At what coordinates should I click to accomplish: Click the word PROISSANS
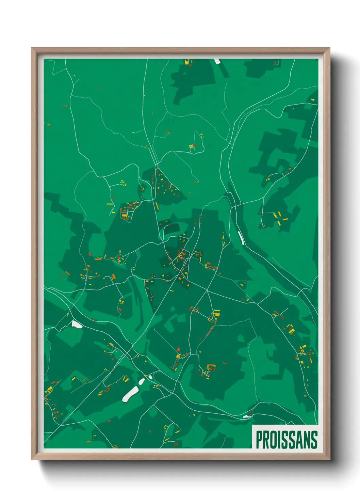[287, 440]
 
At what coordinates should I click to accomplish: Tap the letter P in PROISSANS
[259, 440]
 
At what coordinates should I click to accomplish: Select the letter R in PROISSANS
[266, 440]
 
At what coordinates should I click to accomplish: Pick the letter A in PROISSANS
[300, 440]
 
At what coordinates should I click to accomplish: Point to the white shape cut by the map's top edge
[217, 61]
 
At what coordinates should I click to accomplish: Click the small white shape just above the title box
[246, 416]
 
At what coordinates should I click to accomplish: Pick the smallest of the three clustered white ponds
[150, 377]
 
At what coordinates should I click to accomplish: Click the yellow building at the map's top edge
[186, 62]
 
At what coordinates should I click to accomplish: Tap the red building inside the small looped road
[194, 145]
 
